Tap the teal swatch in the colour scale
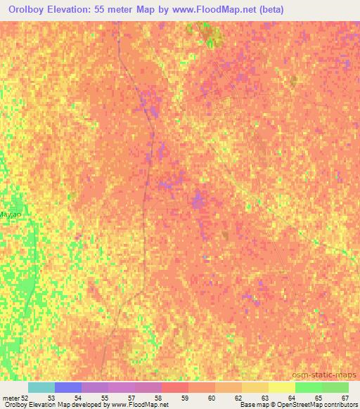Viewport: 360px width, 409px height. click(x=41, y=387)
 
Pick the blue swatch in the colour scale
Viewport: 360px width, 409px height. click(x=68, y=387)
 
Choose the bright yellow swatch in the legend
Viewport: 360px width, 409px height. click(x=282, y=387)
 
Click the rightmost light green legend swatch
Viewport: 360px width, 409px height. click(x=335, y=387)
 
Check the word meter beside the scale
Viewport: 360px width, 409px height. click(x=11, y=398)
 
